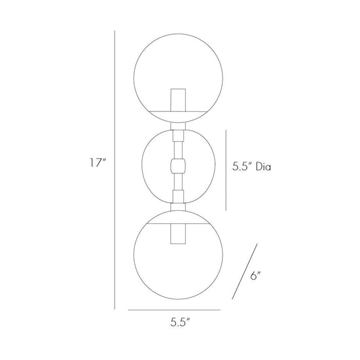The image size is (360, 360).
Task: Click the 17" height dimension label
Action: (98, 163)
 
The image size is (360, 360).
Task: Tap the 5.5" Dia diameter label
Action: (251, 166)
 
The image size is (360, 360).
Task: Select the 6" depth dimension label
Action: (255, 276)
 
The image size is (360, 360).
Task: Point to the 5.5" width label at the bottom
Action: (180, 322)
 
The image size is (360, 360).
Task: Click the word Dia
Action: (264, 166)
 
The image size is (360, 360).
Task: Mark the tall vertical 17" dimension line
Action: (115, 170)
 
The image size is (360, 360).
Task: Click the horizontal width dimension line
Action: (174, 310)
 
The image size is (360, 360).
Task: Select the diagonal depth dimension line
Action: (245, 272)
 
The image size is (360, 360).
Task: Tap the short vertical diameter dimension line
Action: (226, 170)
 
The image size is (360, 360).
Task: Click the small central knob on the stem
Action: (178, 166)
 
